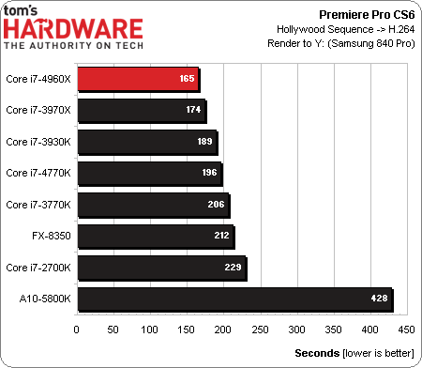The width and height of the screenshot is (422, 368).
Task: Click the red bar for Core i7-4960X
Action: point(137,78)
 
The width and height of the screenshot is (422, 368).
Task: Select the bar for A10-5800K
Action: point(234,299)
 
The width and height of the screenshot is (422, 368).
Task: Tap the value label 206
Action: point(219,204)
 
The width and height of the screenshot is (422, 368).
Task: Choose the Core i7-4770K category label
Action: point(38,173)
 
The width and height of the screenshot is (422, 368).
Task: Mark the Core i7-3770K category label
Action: point(38,204)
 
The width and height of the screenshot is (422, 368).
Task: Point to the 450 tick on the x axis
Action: point(406,330)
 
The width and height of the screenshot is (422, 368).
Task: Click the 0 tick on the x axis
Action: point(76,330)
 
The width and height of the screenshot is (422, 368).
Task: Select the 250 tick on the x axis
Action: point(260,330)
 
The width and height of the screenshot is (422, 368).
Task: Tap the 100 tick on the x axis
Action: point(149,330)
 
